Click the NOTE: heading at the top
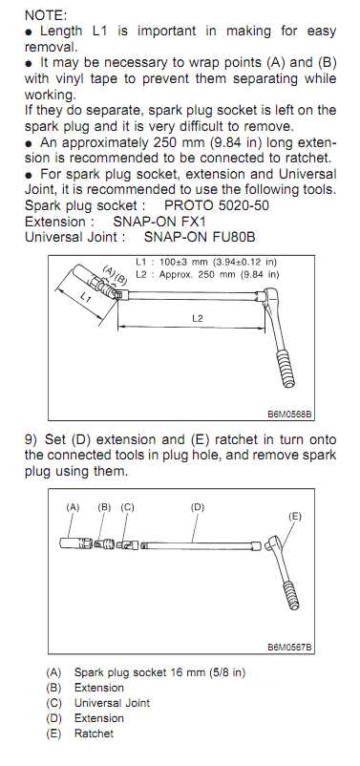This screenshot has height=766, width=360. [x=45, y=14]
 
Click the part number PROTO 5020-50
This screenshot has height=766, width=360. [x=217, y=205]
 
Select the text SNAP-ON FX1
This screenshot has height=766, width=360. [x=159, y=222]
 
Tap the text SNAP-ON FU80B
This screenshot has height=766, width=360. [x=200, y=237]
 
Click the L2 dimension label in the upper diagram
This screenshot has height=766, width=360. [x=197, y=318]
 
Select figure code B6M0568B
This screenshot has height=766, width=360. [x=289, y=415]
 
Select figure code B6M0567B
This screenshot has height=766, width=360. [x=289, y=648]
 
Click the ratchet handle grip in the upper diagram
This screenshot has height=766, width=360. [x=285, y=369]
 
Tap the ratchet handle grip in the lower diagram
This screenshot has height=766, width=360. [x=292, y=595]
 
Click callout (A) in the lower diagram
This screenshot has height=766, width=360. [x=73, y=507]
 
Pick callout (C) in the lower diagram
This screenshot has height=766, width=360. [x=127, y=507]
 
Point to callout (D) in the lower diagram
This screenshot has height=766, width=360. [x=198, y=507]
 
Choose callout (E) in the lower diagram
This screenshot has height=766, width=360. [x=294, y=516]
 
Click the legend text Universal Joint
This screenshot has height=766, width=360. [x=112, y=703]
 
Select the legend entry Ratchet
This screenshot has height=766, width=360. [x=94, y=734]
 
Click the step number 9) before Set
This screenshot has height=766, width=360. [x=31, y=439]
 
